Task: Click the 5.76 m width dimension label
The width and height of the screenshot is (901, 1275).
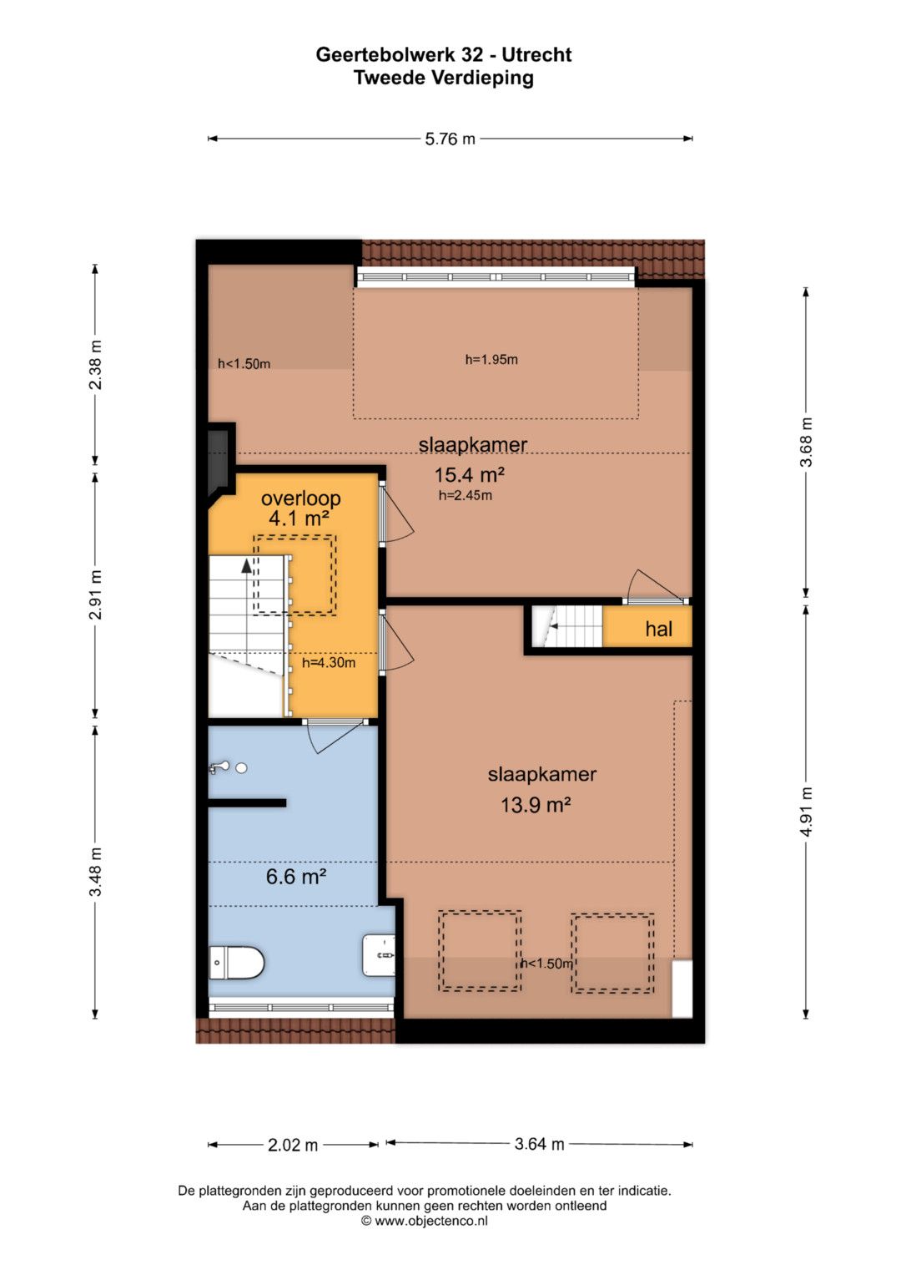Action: pyautogui.click(x=450, y=139)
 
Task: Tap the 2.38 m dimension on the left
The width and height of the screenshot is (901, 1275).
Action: pyautogui.click(x=96, y=365)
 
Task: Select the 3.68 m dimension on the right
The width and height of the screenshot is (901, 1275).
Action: pyautogui.click(x=806, y=443)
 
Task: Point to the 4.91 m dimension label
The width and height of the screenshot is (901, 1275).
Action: pyautogui.click(x=806, y=812)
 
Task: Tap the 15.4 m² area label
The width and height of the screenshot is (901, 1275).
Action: pyautogui.click(x=469, y=474)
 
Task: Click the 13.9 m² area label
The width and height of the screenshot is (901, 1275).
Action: pyautogui.click(x=536, y=805)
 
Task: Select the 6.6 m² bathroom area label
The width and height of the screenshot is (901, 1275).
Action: pyautogui.click(x=296, y=876)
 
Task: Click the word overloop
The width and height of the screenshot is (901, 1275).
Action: pyautogui.click(x=301, y=498)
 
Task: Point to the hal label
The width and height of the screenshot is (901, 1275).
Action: pyautogui.click(x=659, y=629)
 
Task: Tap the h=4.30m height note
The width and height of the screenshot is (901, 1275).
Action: pyautogui.click(x=329, y=662)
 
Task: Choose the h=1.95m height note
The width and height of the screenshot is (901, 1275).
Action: pyautogui.click(x=491, y=359)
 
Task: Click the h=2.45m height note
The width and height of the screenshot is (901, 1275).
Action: pyautogui.click(x=466, y=495)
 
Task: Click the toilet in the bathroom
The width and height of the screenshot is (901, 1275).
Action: pyautogui.click(x=237, y=963)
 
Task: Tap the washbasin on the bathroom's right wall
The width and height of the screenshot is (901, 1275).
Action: pyautogui.click(x=379, y=954)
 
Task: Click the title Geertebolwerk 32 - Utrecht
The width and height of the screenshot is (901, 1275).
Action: pyautogui.click(x=444, y=54)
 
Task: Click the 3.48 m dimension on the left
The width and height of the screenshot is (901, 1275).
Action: pyautogui.click(x=96, y=872)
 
